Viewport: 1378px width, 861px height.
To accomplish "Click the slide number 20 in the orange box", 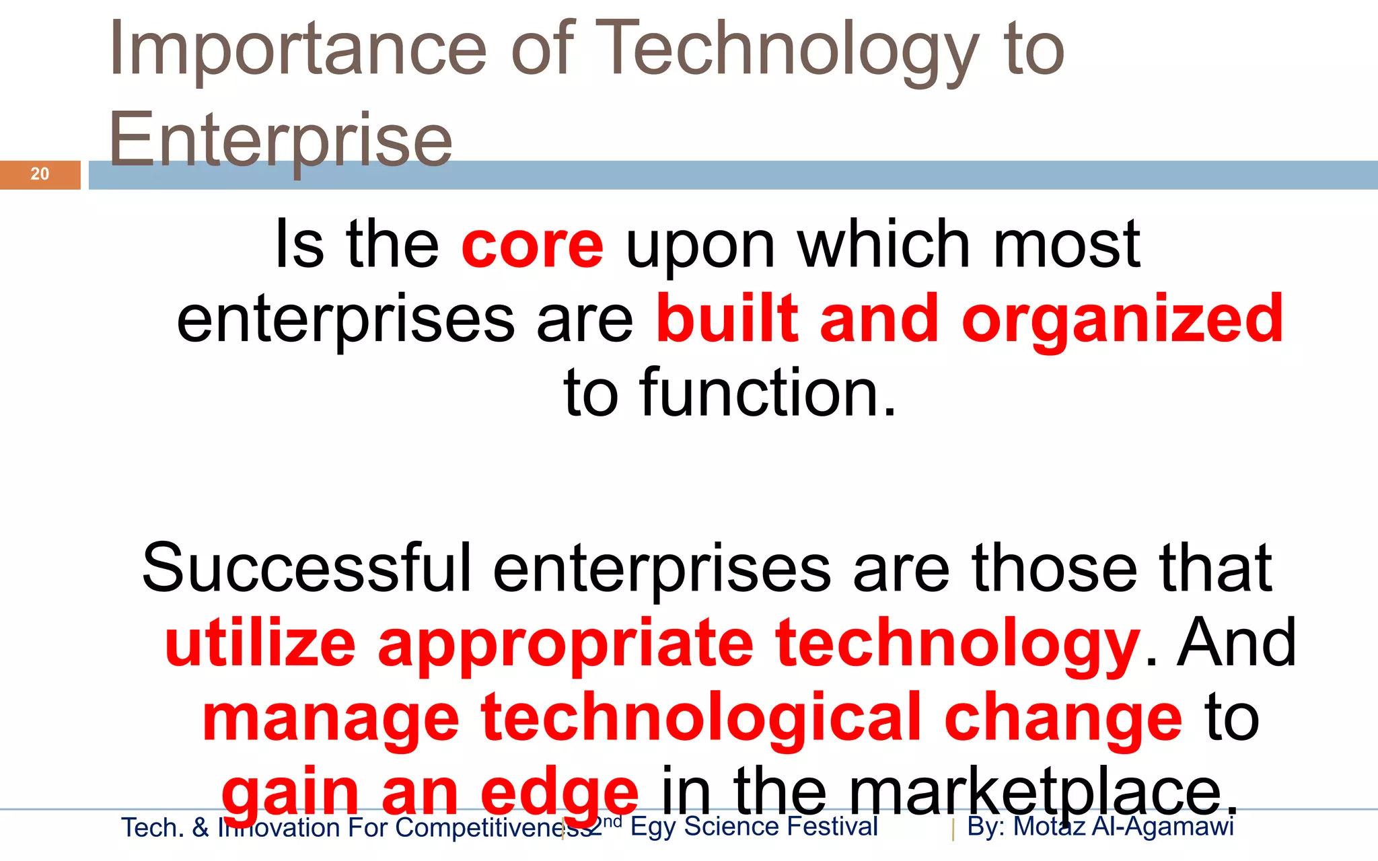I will click(40, 174).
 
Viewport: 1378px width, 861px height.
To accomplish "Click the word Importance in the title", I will click(297, 50).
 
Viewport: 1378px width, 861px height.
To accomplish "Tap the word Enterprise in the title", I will click(280, 141).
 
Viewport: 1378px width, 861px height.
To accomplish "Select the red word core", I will click(532, 246).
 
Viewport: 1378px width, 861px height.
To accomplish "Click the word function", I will click(768, 393).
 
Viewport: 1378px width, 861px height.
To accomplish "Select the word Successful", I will click(307, 568).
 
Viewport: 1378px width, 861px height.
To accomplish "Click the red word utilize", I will click(260, 643).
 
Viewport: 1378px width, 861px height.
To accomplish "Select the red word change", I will click(1062, 718).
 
